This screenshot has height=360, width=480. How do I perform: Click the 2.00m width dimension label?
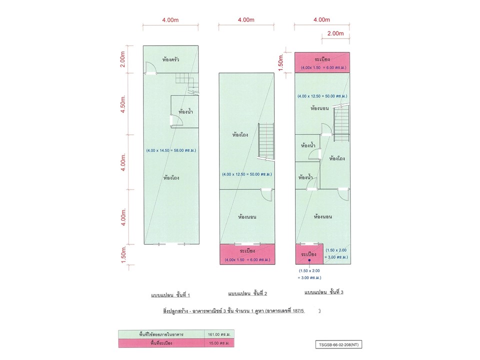tap(335, 33)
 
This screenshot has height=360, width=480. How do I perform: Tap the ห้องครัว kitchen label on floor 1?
tap(170, 59)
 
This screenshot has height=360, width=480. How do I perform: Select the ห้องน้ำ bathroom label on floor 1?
tap(185, 111)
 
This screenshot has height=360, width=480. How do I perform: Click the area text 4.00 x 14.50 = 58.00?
tap(171, 150)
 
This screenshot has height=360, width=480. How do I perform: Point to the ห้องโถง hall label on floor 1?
tap(171, 177)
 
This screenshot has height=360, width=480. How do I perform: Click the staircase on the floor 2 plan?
tap(265, 141)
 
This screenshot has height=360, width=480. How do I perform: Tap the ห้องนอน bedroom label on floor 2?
tap(247, 216)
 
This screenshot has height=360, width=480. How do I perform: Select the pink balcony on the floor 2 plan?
tap(247, 254)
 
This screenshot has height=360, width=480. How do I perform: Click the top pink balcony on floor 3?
tap(322, 62)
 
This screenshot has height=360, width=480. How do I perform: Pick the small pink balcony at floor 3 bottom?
tap(309, 254)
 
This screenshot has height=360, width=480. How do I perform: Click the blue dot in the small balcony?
tap(309, 260)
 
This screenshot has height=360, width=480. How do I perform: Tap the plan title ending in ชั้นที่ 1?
tap(170, 295)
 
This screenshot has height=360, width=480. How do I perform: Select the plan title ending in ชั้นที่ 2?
tap(247, 293)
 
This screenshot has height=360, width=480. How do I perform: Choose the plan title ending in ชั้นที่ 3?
tap(323, 292)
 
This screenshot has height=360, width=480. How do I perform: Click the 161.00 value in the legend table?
tap(219, 334)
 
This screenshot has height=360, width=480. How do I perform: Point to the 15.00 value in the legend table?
tap(219, 343)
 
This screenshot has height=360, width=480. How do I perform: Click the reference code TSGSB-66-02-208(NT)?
tap(338, 344)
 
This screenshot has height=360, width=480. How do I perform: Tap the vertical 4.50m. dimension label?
tap(123, 104)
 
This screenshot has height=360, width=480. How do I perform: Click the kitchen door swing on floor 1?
tap(150, 67)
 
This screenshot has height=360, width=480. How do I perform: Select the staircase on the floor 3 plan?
tap(341, 122)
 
